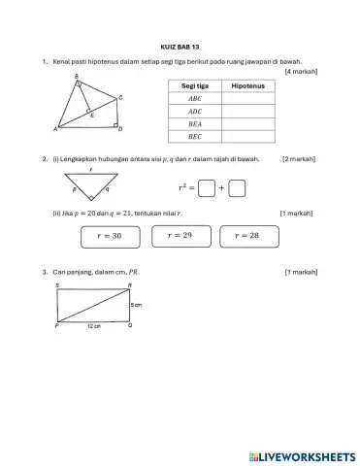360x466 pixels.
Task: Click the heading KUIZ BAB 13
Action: point(180,45)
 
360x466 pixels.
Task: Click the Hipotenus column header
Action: point(248,86)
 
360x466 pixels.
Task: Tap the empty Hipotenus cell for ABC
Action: point(248,99)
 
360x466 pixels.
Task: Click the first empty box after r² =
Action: point(207,188)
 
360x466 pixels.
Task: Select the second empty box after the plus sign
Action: point(238,188)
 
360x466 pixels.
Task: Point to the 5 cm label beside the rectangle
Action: point(137,304)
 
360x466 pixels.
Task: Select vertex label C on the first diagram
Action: point(119,98)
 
